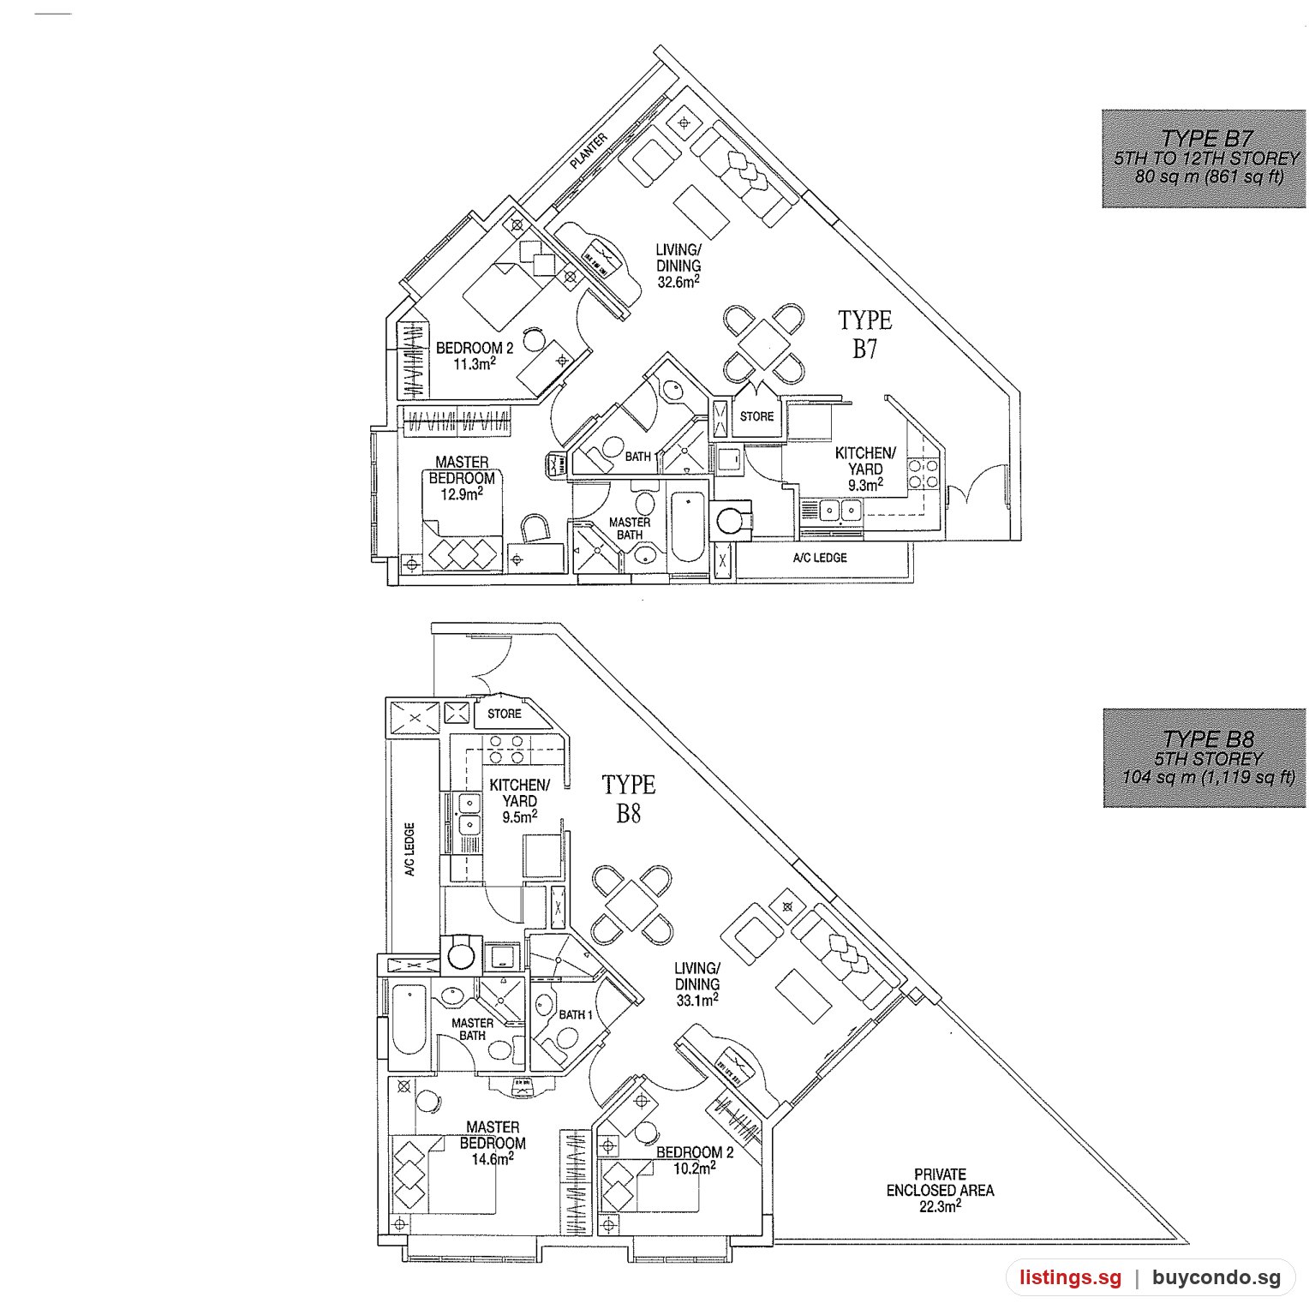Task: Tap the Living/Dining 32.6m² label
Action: click(678, 266)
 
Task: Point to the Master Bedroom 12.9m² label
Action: click(462, 478)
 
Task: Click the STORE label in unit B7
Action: click(756, 417)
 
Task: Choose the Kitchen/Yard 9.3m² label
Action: click(865, 469)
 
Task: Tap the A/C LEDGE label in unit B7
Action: click(820, 558)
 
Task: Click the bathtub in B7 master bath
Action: click(688, 525)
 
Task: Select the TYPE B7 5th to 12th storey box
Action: click(1204, 158)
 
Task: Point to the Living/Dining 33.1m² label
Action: click(696, 984)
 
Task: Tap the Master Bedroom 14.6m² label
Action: click(493, 1143)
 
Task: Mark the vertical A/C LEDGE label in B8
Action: click(410, 850)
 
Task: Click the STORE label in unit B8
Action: click(505, 714)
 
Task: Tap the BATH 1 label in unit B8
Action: click(577, 1014)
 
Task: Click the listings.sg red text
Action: click(1070, 1278)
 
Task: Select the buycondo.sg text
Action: click(1216, 1278)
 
